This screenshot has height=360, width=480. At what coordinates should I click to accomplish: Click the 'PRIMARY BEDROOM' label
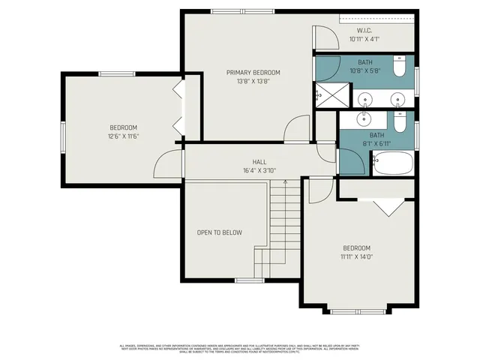[253, 73]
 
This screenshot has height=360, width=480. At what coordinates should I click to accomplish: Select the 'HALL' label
[259, 162]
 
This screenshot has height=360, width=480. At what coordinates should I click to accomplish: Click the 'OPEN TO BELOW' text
[220, 232]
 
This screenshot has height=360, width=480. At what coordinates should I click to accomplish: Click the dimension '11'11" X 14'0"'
[357, 256]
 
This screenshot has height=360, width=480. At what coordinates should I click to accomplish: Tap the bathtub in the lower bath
[393, 163]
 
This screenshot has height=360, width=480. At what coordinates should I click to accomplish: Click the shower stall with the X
[327, 94]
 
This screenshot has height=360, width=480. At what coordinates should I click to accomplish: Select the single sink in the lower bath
[366, 118]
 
